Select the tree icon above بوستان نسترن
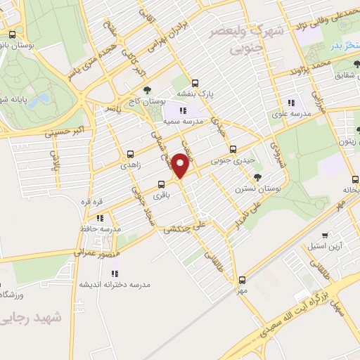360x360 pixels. pyautogui.click(x=258, y=176)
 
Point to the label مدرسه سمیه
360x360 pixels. pyautogui.click(x=183, y=122)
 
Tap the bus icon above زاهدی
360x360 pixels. pyautogui.click(x=130, y=154)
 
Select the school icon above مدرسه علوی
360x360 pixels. pyautogui.click(x=291, y=103)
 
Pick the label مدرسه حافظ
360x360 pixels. pyautogui.click(x=101, y=229)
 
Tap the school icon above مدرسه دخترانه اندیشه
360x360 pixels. pyautogui.click(x=114, y=273)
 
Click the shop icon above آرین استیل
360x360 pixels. pyautogui.click(x=324, y=236)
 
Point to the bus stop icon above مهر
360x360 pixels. pyautogui.click(x=243, y=279)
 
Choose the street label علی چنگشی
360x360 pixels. pyautogui.click(x=187, y=228)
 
